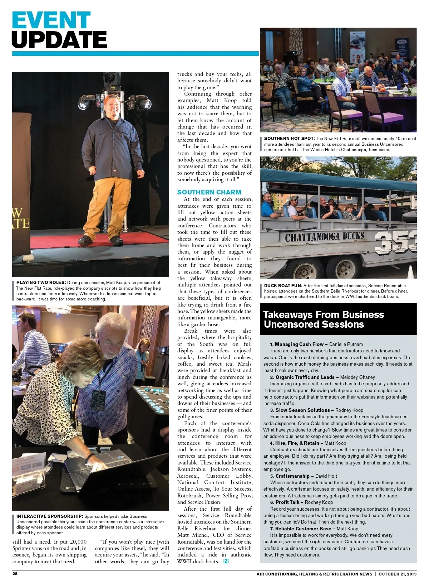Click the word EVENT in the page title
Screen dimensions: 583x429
tap(51, 20)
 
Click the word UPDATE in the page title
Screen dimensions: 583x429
tap(59, 40)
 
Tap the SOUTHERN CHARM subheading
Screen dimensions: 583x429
tap(209, 192)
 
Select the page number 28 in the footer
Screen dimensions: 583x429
tap(15, 574)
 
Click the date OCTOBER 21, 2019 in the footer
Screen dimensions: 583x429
tap(397, 574)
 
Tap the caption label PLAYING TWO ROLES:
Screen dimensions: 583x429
tap(41, 283)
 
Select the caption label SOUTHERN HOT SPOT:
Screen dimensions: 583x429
tap(289, 139)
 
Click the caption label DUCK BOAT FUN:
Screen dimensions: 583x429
tap(283, 286)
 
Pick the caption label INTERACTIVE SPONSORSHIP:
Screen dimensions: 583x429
tap(50, 516)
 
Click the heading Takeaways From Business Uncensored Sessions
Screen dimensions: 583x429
tap(324, 319)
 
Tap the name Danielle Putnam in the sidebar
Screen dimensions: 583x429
tap(346, 344)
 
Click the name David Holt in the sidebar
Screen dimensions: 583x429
tap(326, 476)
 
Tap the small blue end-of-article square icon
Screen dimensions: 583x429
tap(226, 562)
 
